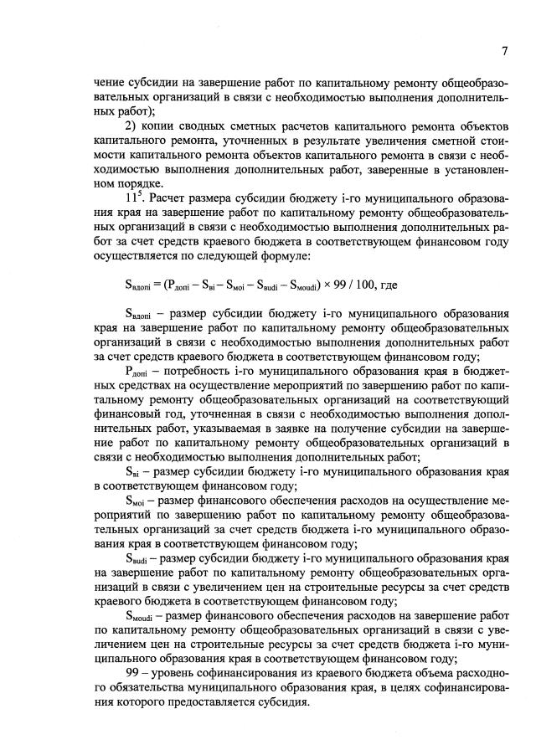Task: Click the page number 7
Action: click(505, 51)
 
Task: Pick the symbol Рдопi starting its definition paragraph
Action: click(137, 371)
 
